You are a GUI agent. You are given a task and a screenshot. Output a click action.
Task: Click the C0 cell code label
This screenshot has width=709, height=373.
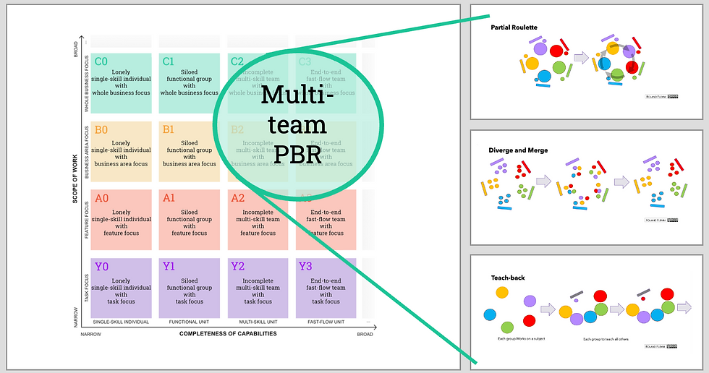101,61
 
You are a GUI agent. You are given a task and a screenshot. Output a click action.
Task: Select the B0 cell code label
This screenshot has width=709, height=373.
101,130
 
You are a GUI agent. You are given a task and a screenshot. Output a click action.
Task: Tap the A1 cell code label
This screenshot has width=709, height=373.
169,198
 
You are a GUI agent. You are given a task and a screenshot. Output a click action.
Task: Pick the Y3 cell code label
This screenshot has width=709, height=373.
305,267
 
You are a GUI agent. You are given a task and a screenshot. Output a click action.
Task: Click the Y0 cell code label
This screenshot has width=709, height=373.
101,267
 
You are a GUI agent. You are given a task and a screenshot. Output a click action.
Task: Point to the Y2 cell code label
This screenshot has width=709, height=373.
237,267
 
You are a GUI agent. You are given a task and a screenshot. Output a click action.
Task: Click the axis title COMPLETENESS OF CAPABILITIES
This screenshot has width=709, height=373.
228,334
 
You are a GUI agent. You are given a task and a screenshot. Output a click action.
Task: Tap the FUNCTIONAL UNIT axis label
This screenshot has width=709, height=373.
190,322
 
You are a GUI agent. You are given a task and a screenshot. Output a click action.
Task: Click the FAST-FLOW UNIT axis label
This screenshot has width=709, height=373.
326,322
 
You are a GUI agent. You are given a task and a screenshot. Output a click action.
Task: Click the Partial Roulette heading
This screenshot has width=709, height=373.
514,28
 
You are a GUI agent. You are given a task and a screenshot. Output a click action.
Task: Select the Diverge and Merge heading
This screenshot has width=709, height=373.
518,150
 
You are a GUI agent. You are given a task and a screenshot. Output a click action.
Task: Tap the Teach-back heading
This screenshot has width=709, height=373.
506,277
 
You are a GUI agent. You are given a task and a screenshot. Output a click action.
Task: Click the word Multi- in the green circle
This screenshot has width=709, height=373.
297,96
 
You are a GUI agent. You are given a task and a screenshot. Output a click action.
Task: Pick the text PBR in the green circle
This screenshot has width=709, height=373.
297,154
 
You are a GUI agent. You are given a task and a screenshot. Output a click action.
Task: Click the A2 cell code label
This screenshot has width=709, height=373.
237,198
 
